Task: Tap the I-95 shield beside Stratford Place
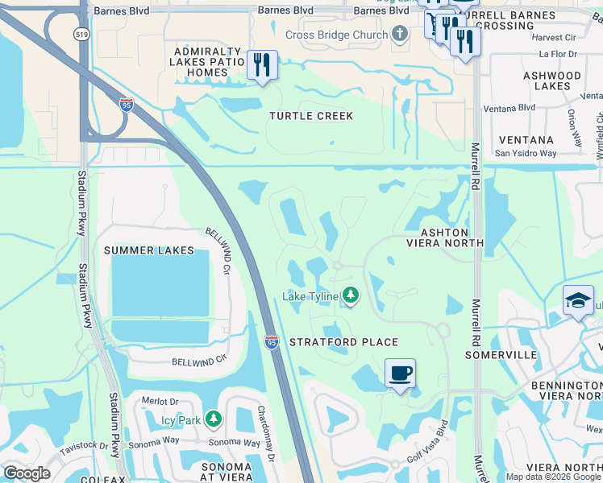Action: click(272, 342)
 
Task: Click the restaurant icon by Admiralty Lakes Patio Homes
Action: click(261, 64)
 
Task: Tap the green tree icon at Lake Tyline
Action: click(350, 296)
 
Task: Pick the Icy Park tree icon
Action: click(213, 419)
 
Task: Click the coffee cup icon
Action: click(400, 374)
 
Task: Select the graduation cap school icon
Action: click(578, 301)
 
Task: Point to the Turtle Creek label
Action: click(311, 116)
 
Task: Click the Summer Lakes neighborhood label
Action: click(149, 250)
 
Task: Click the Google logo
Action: click(27, 473)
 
